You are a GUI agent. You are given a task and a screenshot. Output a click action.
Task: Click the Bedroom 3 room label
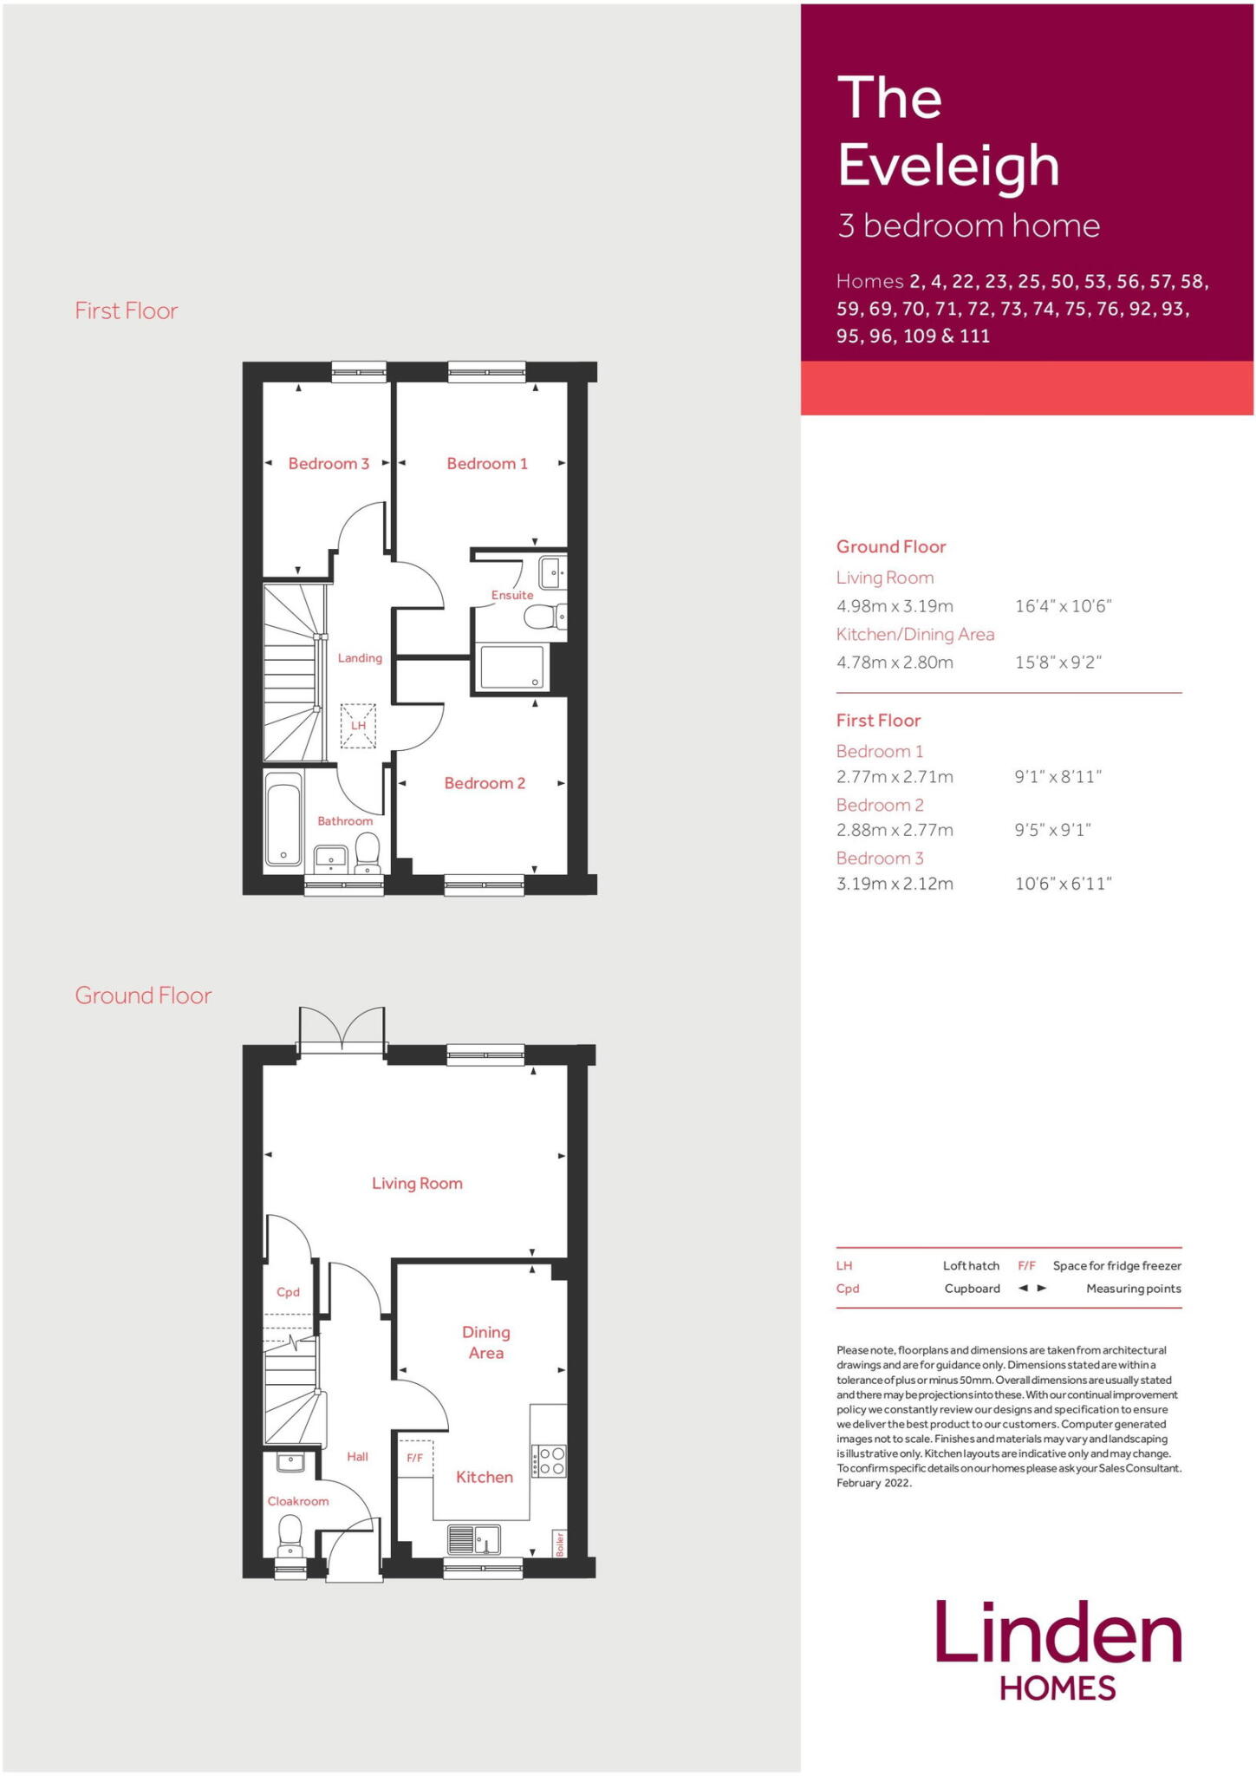point(329,464)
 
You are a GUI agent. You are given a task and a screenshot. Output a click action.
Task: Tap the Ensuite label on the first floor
point(512,595)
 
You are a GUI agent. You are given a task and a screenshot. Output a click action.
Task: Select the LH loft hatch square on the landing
point(359,725)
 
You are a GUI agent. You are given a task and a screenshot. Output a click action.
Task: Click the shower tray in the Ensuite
point(511,667)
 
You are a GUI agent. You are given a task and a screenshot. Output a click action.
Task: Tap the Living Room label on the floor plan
point(417,1184)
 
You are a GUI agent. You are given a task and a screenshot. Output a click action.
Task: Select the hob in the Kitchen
point(549,1460)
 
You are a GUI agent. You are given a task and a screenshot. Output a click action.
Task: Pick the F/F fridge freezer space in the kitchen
point(415,1459)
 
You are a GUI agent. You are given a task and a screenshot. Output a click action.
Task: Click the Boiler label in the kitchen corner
point(560,1544)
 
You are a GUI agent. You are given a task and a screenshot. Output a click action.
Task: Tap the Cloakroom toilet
point(290,1535)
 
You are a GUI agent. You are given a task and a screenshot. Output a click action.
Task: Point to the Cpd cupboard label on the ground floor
point(288,1292)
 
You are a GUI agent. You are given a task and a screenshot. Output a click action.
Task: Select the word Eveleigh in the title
point(948,165)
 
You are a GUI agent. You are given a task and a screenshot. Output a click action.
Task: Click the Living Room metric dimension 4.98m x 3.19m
point(895,606)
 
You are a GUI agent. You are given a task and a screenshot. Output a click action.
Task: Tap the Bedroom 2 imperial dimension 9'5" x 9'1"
point(1052,830)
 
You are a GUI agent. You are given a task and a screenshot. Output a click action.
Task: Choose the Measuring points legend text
point(1133,1289)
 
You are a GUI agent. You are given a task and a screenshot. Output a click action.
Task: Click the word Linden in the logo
point(1058,1633)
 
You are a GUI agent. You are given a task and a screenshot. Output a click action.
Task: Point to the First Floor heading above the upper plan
point(127,310)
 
